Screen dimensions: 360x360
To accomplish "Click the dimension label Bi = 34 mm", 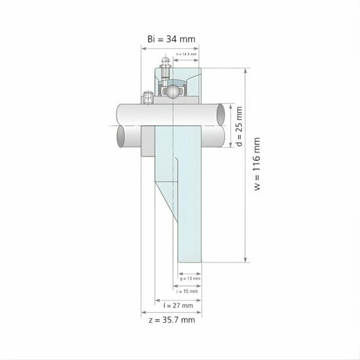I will click(171, 39).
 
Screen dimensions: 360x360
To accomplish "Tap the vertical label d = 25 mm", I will click(239, 126).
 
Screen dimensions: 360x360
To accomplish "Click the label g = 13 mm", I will click(190, 278).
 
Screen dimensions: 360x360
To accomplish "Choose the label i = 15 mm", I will click(190, 291).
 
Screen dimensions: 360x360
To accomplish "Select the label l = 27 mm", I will click(178, 305).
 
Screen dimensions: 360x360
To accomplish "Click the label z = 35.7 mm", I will click(172, 321).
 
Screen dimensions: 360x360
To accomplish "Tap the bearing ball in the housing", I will click(172, 91).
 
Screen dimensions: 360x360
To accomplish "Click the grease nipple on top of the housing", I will click(163, 64).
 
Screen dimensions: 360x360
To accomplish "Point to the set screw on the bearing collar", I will click(148, 99).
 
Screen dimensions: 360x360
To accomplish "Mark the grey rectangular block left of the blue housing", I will click(149, 142).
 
